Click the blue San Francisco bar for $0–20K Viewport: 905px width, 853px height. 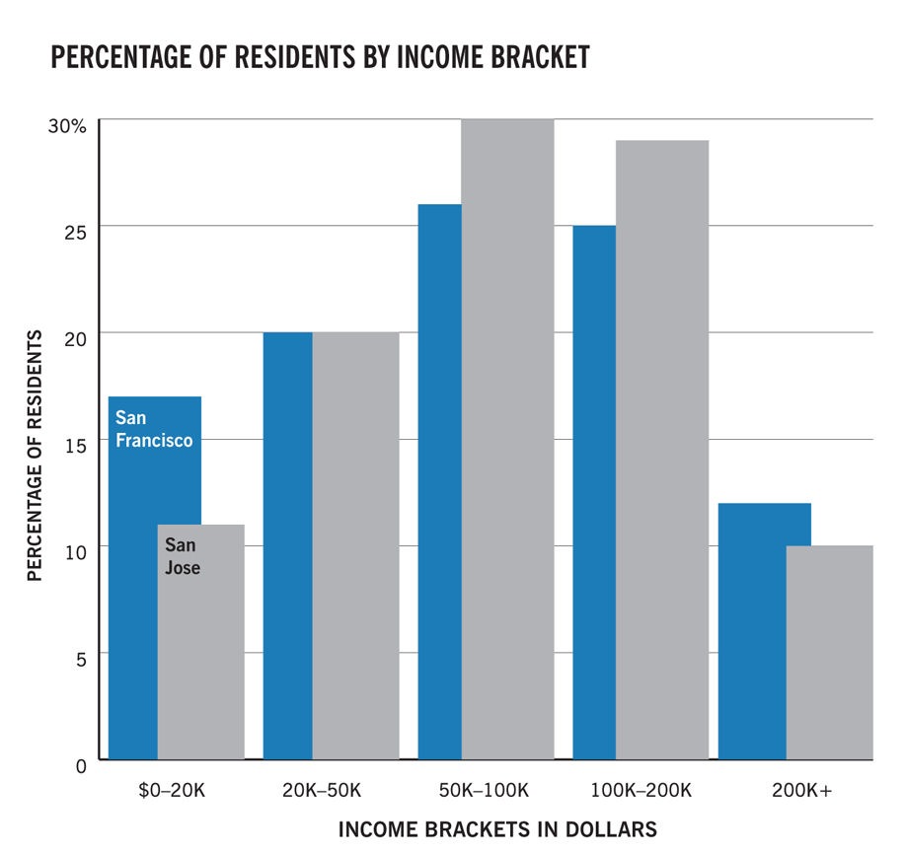point(132,592)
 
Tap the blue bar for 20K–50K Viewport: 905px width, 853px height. point(287,542)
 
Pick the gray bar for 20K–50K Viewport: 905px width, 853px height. point(355,542)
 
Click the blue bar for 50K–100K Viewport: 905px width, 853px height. point(439,483)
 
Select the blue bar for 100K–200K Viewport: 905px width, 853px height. point(593,493)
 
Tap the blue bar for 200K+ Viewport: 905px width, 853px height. point(751,631)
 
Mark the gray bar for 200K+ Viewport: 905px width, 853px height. point(829,651)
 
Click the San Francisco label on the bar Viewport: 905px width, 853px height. point(153,430)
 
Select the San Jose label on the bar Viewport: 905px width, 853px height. point(183,556)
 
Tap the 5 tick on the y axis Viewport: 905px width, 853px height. point(81,657)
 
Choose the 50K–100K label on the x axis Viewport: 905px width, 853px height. point(484,790)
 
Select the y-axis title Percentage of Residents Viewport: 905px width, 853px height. point(35,455)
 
